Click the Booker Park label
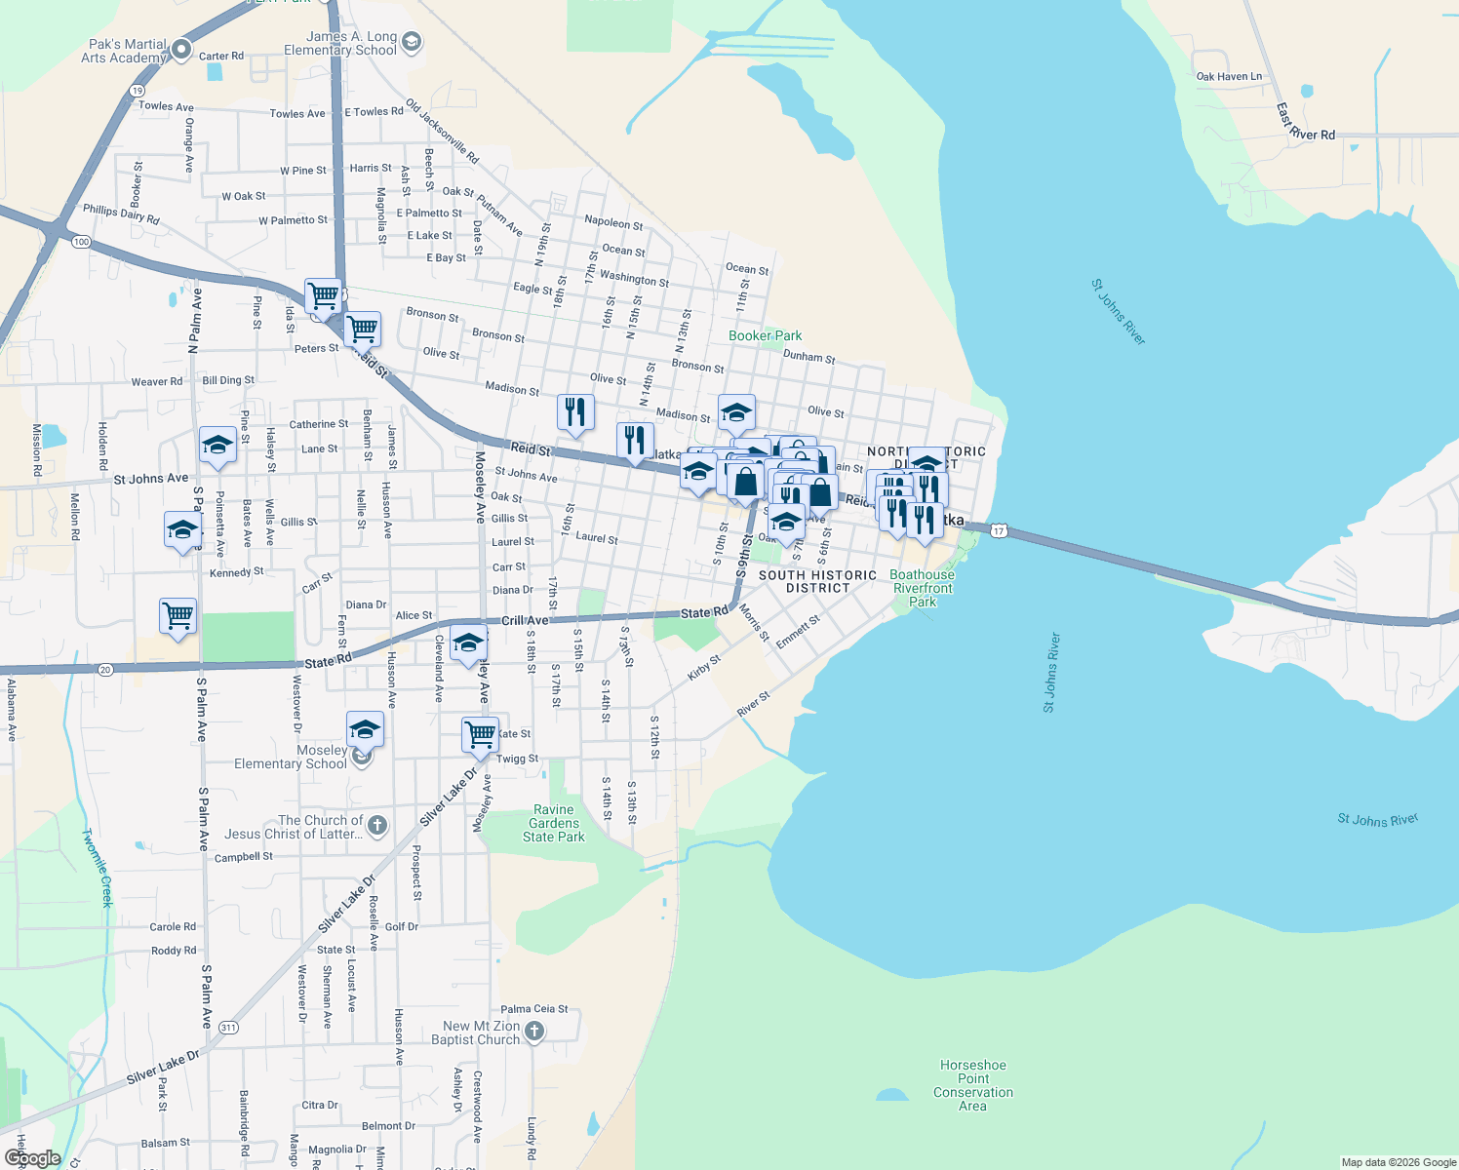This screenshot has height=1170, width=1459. coord(765,335)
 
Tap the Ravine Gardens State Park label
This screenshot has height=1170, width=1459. coord(554,823)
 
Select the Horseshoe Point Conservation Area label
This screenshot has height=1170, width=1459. coord(972,1085)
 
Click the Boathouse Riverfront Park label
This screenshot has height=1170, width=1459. coord(922,588)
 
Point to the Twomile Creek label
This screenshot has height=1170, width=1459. coord(98,868)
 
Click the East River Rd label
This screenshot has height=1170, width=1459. coord(1305,123)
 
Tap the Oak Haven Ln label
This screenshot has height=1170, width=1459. coord(1229,76)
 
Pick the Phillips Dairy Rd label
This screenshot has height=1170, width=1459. coord(121,214)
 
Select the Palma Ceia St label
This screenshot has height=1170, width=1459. coord(533,1009)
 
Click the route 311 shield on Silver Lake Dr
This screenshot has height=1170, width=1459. coord(228,1028)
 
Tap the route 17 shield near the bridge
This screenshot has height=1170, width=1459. coord(998,530)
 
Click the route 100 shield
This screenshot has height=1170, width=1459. coord(81,242)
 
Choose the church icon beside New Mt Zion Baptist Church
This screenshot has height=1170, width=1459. coord(533,1032)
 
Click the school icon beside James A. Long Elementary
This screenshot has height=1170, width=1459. coord(411,41)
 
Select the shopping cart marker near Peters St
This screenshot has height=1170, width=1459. coord(362,330)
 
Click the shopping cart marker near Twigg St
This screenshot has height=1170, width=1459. coord(480,733)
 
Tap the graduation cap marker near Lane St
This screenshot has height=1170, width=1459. coord(217,446)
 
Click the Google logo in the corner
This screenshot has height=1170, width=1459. coord(32,1157)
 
